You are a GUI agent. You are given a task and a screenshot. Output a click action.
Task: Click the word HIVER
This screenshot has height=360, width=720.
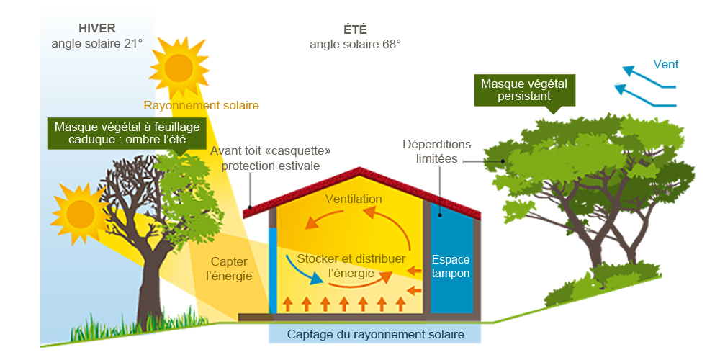click(96, 29)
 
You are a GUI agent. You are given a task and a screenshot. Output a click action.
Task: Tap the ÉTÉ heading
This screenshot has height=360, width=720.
click(355, 30)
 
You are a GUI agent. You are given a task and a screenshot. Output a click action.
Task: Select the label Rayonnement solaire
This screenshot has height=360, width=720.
click(201, 106)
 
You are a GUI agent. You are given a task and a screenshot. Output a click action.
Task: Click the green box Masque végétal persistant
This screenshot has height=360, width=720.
click(523, 90)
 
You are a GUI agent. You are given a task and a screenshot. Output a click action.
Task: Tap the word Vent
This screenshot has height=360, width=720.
click(666, 65)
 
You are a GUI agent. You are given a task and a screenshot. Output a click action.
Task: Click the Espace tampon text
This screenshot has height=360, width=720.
click(451, 266)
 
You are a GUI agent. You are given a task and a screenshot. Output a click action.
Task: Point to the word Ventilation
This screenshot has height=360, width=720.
click(354, 199)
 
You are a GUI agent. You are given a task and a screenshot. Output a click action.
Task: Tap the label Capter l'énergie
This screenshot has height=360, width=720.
click(231, 268)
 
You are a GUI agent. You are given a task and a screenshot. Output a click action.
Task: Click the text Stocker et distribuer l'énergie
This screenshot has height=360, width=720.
click(351, 266)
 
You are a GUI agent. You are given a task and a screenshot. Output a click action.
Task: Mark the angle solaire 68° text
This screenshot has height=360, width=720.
click(355, 44)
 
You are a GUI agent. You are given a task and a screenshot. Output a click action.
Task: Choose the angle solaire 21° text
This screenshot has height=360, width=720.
click(96, 43)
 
